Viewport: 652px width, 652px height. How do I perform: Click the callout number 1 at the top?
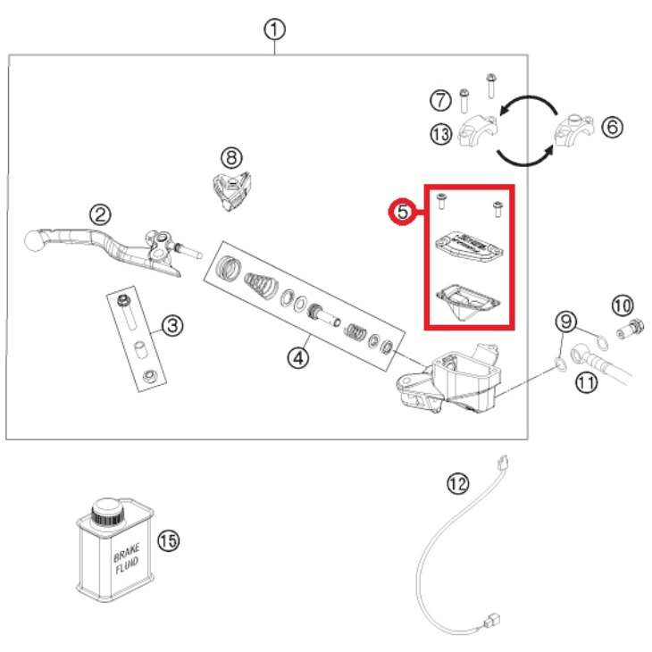274,29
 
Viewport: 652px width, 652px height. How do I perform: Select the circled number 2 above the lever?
100,213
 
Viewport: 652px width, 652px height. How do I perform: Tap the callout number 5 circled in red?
403,212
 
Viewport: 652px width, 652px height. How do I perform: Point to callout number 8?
231,158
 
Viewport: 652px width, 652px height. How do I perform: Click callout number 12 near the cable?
457,484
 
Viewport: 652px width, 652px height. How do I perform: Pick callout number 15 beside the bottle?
168,540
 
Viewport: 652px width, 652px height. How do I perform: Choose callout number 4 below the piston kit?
297,358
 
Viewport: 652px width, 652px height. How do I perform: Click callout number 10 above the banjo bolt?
622,306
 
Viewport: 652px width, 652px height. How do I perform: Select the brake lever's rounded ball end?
34,239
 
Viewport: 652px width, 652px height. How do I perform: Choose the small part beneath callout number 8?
231,189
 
